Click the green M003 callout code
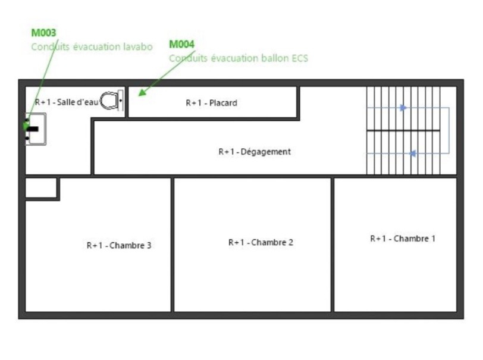coord(44,33)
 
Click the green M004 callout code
coord(182,44)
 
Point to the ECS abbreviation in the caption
coord(300,58)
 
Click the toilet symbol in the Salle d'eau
coord(111,101)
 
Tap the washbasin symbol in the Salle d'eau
coord(36,129)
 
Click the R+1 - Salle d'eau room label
coord(67,102)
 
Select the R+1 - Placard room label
coord(212,103)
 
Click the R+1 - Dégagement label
coord(255,152)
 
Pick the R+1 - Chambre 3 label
coord(119,245)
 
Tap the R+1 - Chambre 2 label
coord(261,242)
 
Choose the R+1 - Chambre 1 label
coord(403,239)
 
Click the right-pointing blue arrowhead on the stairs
coord(403,108)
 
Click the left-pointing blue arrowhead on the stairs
coord(412,153)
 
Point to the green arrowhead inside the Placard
coord(142,92)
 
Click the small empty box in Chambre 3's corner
coord(41,187)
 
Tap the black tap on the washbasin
coord(33,129)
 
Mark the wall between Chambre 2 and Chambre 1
coord(333,245)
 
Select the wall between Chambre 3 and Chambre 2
coord(172,245)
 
